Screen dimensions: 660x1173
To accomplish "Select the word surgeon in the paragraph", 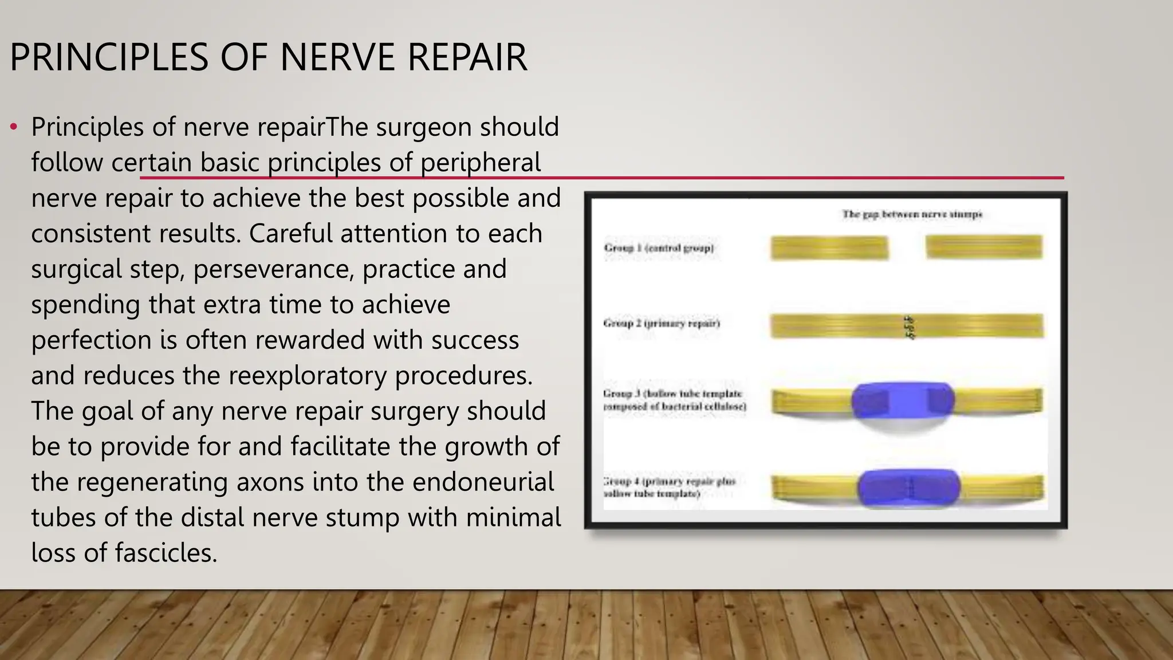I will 423,127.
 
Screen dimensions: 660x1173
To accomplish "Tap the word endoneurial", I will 483,482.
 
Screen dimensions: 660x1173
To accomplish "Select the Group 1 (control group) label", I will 659,248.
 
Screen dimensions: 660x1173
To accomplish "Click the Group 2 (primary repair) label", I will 662,323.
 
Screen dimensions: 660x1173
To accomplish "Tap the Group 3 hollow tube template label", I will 674,400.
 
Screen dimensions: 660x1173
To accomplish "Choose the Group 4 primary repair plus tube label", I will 668,487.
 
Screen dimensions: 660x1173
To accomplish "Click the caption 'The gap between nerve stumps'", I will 912,214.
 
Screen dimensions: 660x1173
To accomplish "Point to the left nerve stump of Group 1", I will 829,248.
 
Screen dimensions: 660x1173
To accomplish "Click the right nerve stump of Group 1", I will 983,247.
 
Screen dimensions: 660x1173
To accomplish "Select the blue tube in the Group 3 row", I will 903,400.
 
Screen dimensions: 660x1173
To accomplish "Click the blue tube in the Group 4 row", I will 908,488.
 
